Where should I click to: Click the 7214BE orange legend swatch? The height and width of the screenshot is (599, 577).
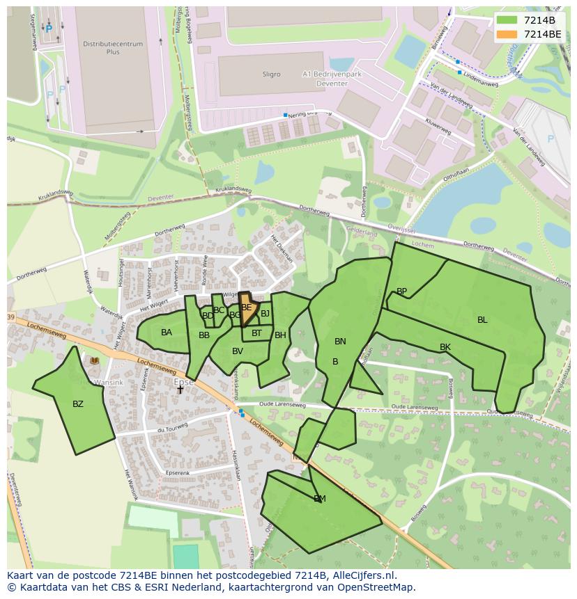tap(507, 34)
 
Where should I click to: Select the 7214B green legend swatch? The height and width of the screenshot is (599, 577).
tap(507, 20)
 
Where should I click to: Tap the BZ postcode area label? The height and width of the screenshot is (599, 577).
tap(78, 404)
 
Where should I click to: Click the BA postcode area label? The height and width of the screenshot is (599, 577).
tap(167, 333)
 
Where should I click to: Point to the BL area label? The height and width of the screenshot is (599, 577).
tap(482, 320)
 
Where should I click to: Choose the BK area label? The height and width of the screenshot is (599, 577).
tap(445, 347)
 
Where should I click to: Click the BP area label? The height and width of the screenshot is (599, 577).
tap(401, 291)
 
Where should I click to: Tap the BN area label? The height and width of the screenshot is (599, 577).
tap(340, 342)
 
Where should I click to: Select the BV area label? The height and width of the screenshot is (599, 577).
tap(238, 351)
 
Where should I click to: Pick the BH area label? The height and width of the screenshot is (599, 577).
tap(280, 335)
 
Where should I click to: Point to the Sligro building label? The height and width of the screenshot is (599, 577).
tap(272, 74)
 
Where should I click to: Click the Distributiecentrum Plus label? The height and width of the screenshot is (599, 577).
tap(113, 48)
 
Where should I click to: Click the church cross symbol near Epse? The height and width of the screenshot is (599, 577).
tap(180, 390)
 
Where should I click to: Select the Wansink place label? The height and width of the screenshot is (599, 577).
tap(109, 382)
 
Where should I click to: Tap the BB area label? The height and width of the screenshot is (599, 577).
tap(204, 335)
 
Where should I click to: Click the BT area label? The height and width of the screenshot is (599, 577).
tap(256, 333)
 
